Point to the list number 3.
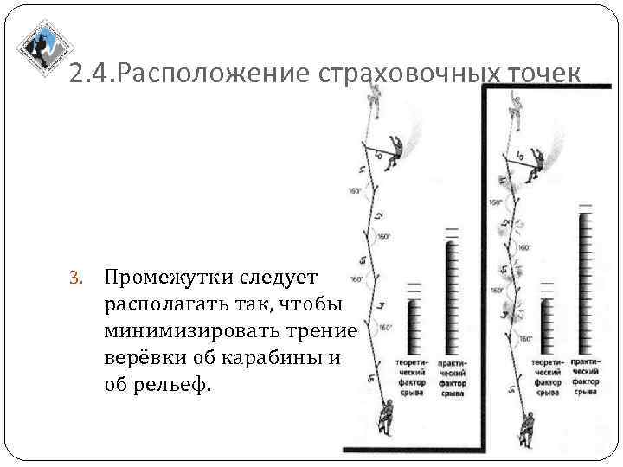click(76, 278)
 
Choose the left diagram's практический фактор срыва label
click(452, 377)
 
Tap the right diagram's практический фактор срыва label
click(587, 377)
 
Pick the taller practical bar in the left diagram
click(451, 295)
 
